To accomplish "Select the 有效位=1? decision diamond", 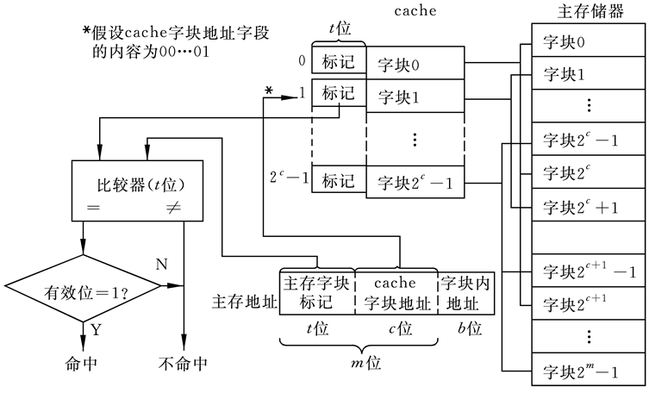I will point(84,292).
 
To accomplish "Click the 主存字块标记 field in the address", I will point(317,292).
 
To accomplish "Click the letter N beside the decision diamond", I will point(160,262).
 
